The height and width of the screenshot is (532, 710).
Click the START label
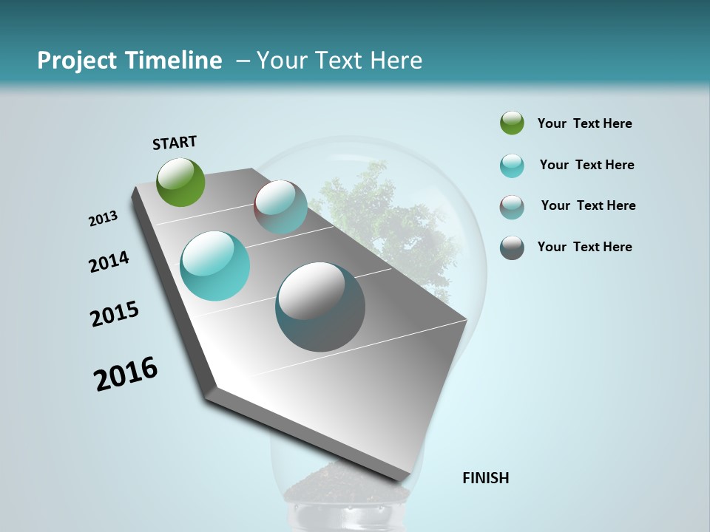tap(175, 143)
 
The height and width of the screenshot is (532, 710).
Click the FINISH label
tap(485, 478)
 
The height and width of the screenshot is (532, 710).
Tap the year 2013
tap(103, 219)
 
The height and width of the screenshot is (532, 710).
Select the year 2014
tap(109, 262)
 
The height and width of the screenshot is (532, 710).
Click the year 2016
tap(126, 374)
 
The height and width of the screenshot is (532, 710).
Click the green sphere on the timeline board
tap(181, 182)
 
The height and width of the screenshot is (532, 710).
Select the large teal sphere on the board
tap(214, 266)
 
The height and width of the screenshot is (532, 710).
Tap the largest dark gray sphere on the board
tap(320, 307)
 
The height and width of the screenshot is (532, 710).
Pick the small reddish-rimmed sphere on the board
tap(280, 207)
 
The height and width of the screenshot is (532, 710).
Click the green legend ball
tap(512, 123)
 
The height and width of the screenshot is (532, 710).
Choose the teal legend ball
tap(512, 166)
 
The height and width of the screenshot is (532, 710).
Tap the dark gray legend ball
tap(512, 248)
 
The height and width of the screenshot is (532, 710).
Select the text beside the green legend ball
tap(584, 124)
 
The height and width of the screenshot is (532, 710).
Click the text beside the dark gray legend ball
tap(584, 247)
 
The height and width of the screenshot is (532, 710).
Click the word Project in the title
tap(76, 61)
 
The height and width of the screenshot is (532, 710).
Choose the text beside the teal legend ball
tap(586, 165)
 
